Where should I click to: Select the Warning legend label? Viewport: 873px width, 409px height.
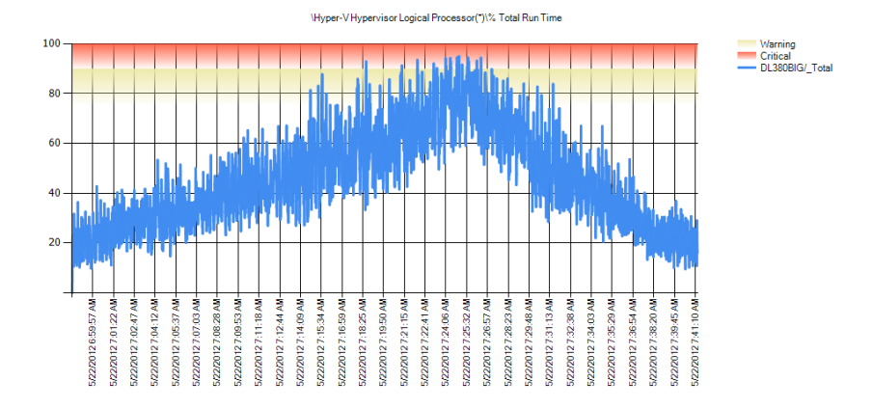pyautogui.click(x=778, y=44)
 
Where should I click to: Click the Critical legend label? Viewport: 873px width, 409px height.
pyautogui.click(x=776, y=56)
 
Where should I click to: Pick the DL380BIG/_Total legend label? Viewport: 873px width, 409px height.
pyautogui.click(x=797, y=68)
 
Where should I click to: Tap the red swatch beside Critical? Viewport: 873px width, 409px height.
pyautogui.click(x=746, y=56)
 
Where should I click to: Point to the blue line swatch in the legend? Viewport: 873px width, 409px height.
pyautogui.click(x=746, y=68)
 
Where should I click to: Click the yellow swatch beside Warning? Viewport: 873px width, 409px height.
pyautogui.click(x=746, y=44)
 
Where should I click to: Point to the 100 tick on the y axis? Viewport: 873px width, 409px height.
pyautogui.click(x=51, y=43)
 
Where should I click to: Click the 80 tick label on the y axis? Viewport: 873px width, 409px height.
pyautogui.click(x=54, y=94)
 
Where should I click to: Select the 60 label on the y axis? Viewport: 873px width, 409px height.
pyautogui.click(x=54, y=143)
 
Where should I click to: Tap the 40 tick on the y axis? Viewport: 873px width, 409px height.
pyautogui.click(x=54, y=193)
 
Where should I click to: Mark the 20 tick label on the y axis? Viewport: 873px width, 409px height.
pyautogui.click(x=54, y=242)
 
